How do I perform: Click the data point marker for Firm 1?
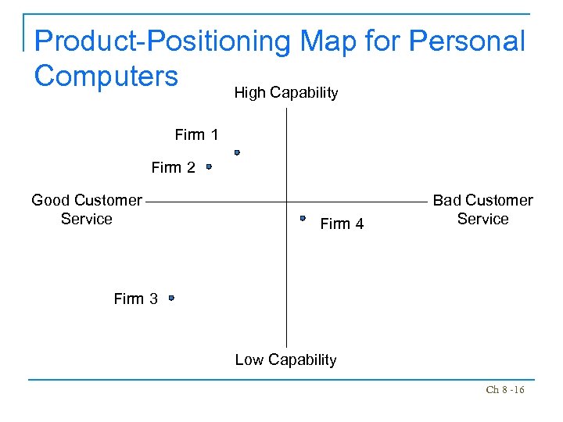pyautogui.click(x=236, y=153)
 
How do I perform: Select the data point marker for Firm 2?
pyautogui.click(x=209, y=166)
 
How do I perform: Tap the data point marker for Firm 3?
pyautogui.click(x=171, y=298)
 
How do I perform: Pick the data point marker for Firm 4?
pyautogui.click(x=303, y=219)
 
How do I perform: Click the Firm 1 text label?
pyautogui.click(x=196, y=135)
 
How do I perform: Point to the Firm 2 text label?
pyautogui.click(x=173, y=167)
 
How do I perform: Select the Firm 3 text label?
pyautogui.click(x=135, y=299)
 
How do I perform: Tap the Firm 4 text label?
pyautogui.click(x=342, y=224)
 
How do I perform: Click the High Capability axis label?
pyautogui.click(x=285, y=93)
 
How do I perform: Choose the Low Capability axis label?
pyautogui.click(x=285, y=360)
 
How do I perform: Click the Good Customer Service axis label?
pyautogui.click(x=87, y=209)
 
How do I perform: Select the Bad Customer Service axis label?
pyautogui.click(x=482, y=209)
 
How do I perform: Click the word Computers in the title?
pyautogui.click(x=106, y=76)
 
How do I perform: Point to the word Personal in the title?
pyautogui.click(x=466, y=41)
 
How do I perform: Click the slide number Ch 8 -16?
pyautogui.click(x=504, y=390)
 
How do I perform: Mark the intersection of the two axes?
pyautogui.click(x=287, y=202)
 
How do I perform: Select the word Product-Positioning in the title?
pyautogui.click(x=162, y=41)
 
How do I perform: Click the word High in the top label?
pyautogui.click(x=249, y=93)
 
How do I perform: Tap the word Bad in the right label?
pyautogui.click(x=447, y=200)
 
